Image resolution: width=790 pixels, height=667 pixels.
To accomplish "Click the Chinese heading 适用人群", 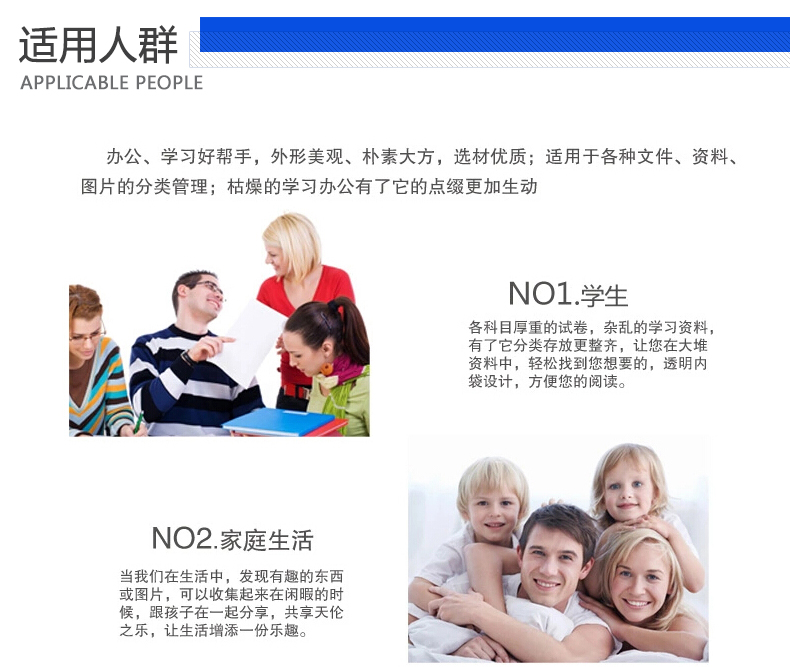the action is [98, 45].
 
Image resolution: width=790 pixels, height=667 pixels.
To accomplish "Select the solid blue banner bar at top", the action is [495, 34].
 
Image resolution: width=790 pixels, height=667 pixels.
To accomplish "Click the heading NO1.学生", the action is [568, 294].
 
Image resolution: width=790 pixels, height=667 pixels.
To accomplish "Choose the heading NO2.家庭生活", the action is [232, 539].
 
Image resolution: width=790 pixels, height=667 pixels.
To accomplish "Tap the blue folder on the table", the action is [279, 422].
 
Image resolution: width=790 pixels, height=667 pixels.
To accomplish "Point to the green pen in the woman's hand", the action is [138, 422].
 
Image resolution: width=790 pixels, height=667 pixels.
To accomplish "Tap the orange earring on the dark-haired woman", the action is [326, 369].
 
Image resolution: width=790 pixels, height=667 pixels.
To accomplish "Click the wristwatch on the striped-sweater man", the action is [188, 358].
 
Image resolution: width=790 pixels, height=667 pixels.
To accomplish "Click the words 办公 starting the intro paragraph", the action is [124, 157].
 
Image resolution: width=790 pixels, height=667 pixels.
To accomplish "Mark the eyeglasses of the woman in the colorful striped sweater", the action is [87, 334].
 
